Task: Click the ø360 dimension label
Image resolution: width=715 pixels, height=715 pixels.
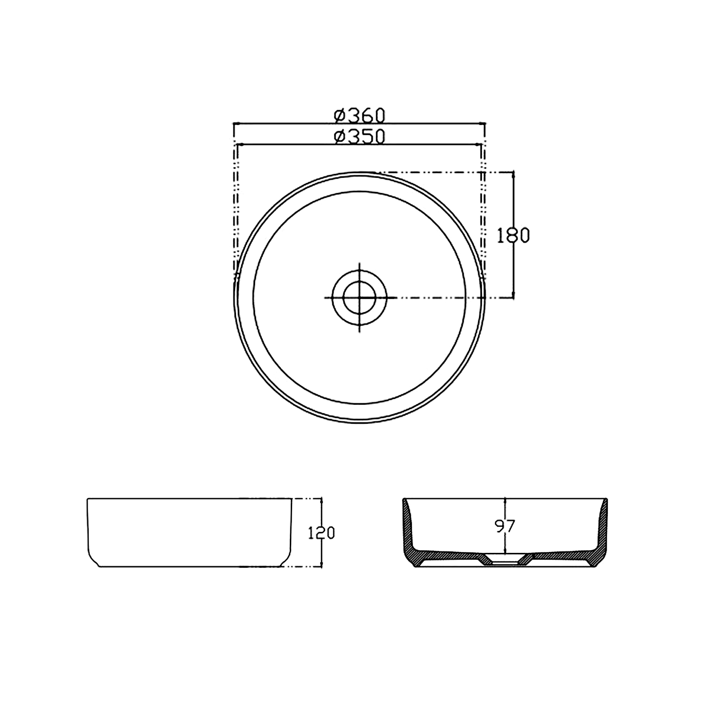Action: [359, 115]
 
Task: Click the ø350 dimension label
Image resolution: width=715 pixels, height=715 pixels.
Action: [359, 137]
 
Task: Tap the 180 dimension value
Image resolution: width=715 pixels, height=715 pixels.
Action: [513, 235]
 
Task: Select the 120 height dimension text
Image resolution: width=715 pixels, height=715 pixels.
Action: [321, 533]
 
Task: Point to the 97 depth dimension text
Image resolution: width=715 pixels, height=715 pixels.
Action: [505, 526]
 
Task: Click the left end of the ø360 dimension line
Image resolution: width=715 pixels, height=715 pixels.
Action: [234, 123]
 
